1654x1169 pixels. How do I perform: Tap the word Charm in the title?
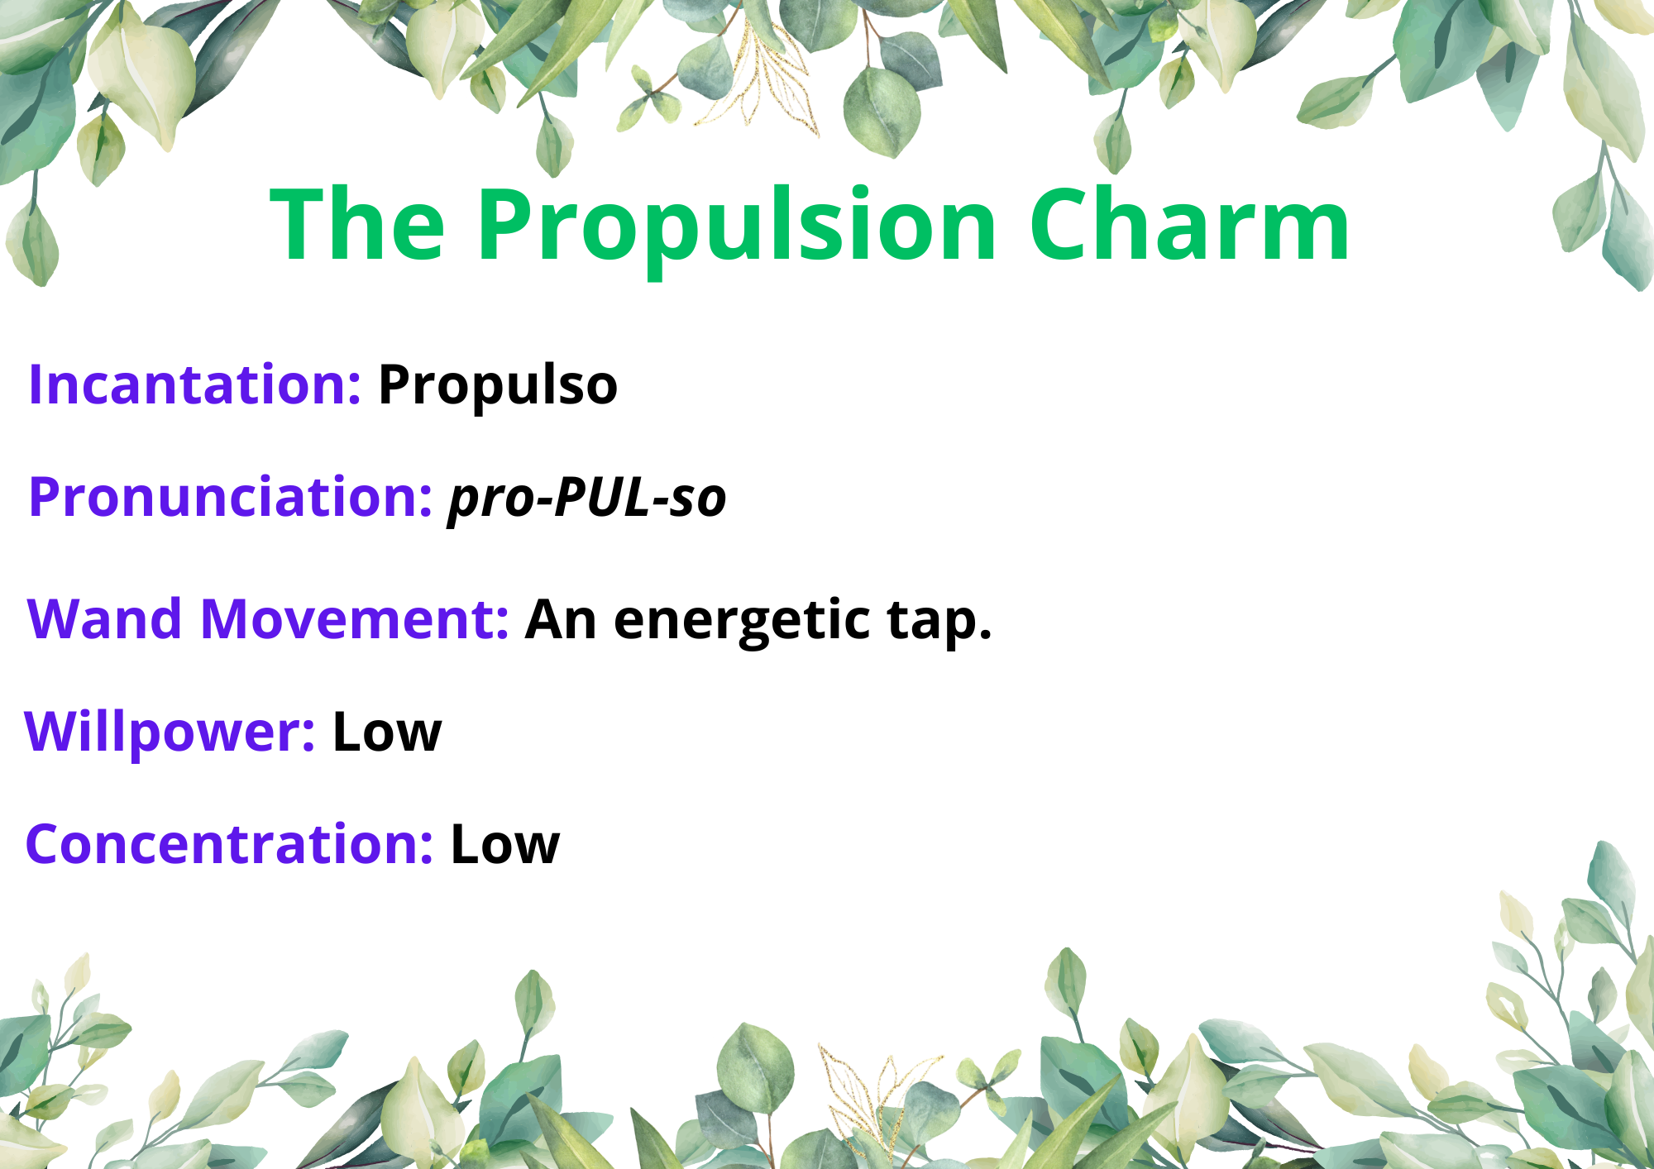point(1189,223)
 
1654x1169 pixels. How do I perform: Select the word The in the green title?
point(357,223)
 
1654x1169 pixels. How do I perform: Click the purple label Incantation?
point(194,385)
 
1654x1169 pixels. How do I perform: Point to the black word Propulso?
point(498,387)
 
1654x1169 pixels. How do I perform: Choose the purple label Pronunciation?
point(231,497)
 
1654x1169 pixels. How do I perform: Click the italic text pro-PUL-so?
point(587,499)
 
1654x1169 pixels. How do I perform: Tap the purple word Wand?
point(104,618)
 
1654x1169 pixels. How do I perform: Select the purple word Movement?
point(355,618)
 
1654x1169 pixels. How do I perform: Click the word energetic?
point(742,621)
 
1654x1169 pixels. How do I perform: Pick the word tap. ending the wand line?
point(939,621)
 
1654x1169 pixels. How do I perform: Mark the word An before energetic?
point(561,619)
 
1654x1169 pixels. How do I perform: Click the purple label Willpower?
point(170,732)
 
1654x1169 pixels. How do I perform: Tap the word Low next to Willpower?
point(387,732)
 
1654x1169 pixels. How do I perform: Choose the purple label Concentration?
point(229,844)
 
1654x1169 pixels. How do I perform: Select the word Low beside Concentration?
point(505,845)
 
